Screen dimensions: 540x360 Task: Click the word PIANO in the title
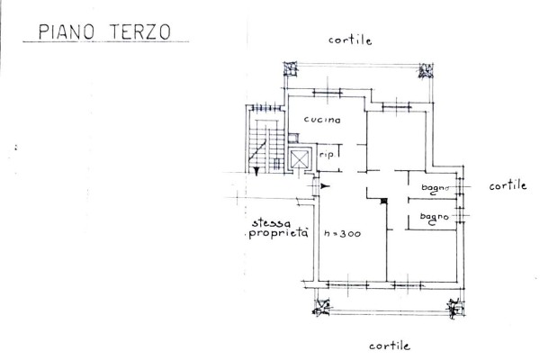point(66,32)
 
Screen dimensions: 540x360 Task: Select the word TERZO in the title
point(140,32)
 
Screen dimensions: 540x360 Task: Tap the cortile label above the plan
point(350,40)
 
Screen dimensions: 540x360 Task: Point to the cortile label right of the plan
point(508,185)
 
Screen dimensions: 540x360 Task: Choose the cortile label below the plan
point(390,346)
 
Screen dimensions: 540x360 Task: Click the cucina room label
point(322,120)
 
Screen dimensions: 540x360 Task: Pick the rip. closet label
point(327,155)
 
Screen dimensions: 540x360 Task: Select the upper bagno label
point(435,188)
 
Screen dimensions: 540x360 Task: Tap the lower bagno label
point(434,218)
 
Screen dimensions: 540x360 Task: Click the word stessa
point(271,223)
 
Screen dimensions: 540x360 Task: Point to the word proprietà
point(278,233)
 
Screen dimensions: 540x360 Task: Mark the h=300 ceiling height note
point(342,234)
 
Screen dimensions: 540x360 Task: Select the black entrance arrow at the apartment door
point(325,186)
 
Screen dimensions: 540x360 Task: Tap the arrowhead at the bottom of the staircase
point(256,171)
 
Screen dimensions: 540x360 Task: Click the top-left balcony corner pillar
point(291,69)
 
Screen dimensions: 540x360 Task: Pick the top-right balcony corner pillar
point(426,71)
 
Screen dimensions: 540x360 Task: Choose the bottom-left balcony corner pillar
point(321,307)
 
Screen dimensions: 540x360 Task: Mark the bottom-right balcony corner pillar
point(455,308)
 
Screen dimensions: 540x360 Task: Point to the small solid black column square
point(384,202)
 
